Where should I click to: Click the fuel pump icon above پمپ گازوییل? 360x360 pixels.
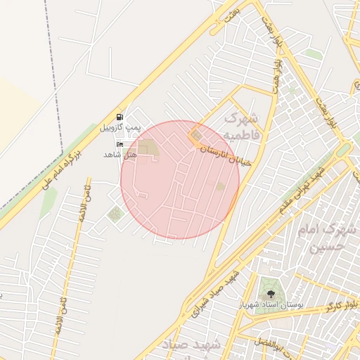pyautogui.click(x=119, y=117)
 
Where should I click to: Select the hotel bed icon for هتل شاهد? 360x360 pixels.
pyautogui.click(x=119, y=143)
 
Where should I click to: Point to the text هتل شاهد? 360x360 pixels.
pyautogui.click(x=118, y=154)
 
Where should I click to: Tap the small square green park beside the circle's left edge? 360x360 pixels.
pyautogui.click(x=114, y=214)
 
